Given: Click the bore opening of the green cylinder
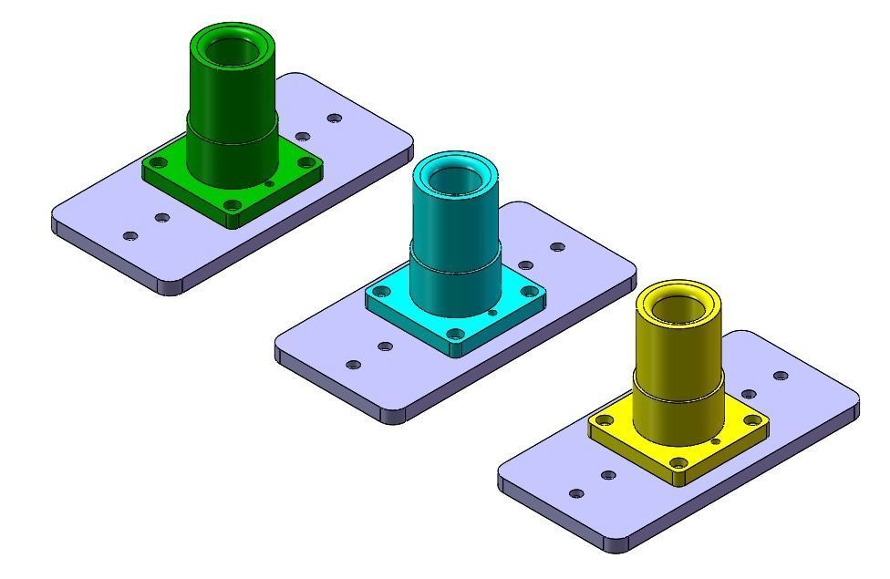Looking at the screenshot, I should [233, 54].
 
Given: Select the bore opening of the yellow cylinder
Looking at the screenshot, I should [678, 311].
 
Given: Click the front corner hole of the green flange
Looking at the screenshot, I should [233, 205].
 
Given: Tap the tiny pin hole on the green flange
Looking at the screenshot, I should [269, 184].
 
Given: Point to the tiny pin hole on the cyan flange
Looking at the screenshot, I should [492, 313].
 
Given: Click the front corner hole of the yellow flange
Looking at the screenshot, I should [678, 462].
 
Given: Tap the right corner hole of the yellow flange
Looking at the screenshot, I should [751, 420].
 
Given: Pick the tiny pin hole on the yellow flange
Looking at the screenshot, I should [716, 441].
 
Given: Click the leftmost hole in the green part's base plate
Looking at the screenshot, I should [130, 236].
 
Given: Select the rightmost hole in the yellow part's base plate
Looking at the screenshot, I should [781, 376].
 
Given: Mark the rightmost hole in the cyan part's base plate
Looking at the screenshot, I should [557, 247].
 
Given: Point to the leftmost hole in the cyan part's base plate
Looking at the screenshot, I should [354, 365].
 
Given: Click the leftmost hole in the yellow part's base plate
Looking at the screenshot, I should [576, 493].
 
